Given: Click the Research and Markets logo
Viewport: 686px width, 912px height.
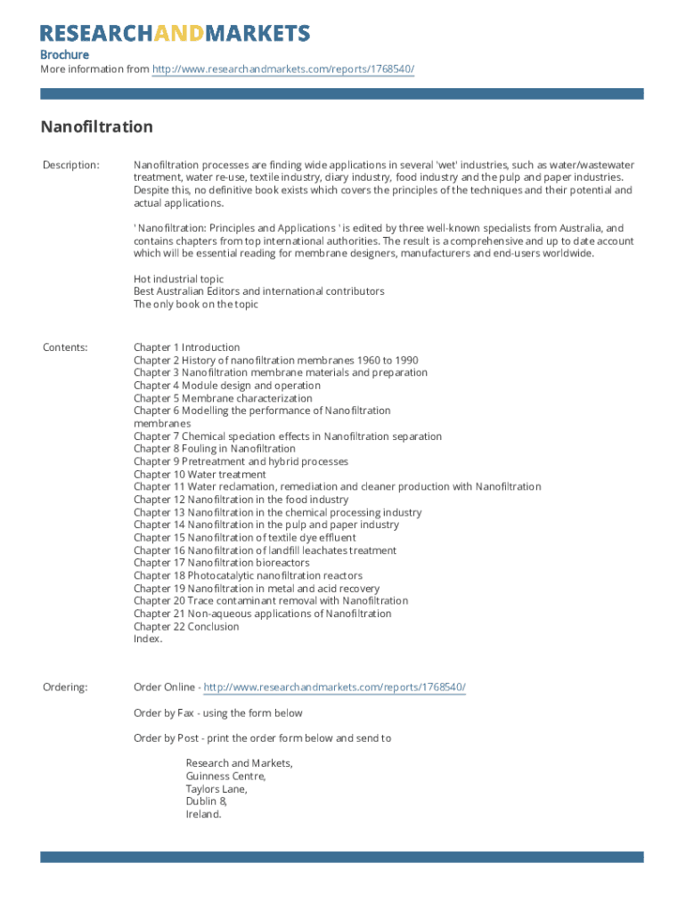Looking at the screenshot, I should tap(175, 34).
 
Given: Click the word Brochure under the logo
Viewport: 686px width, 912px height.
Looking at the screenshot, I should tap(64, 55).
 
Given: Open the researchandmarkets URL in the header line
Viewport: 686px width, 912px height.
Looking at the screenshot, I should tap(283, 69).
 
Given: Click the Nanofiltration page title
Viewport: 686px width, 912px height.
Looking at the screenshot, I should tap(96, 126).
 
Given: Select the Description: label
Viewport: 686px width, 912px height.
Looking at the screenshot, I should tap(71, 166).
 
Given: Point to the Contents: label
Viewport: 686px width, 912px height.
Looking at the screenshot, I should tap(65, 347).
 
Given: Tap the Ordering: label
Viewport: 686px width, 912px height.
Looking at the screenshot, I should tap(65, 688).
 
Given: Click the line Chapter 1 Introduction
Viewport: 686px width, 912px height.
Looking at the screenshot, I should tap(186, 347).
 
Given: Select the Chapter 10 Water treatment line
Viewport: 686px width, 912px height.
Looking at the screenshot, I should tap(200, 475).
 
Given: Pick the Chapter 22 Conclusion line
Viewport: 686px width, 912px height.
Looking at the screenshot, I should tap(186, 626).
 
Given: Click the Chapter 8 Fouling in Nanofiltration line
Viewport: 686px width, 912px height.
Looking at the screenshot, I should tap(214, 449).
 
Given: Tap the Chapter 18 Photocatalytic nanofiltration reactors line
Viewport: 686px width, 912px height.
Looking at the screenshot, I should tap(248, 575).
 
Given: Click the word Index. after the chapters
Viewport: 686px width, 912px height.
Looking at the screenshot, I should tap(148, 639).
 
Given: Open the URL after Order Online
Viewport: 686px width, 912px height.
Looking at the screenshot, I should tap(334, 688).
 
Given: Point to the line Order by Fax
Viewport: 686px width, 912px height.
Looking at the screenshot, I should tap(217, 712).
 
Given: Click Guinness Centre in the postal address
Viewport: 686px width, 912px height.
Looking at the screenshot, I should tap(225, 777).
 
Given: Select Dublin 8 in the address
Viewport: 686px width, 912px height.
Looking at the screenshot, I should tap(206, 802).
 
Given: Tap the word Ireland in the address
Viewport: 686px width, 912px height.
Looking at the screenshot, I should tap(203, 814).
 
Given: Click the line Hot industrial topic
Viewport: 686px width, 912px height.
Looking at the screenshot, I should tap(178, 279).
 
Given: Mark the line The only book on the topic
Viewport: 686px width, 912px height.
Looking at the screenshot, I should tap(196, 304).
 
